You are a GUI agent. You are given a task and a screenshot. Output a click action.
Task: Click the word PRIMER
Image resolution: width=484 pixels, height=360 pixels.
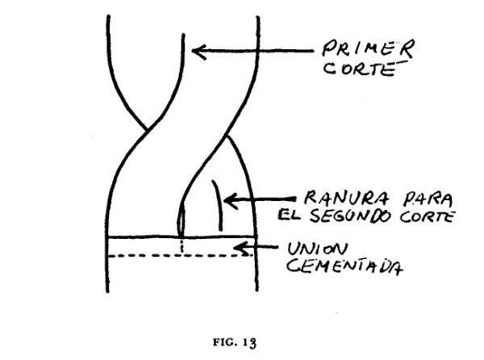[x=368, y=48]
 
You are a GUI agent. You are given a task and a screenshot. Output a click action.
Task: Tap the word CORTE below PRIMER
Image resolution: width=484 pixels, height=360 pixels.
[x=361, y=69]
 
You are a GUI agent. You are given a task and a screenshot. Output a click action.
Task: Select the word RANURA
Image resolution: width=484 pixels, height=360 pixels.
[x=346, y=198]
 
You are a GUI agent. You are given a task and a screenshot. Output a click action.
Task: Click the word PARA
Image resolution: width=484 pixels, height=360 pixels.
[x=428, y=199]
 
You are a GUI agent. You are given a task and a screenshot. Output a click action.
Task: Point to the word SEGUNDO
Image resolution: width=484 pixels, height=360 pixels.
[x=351, y=216]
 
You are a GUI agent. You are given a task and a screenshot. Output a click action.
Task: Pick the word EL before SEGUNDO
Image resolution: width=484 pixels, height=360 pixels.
[x=289, y=214]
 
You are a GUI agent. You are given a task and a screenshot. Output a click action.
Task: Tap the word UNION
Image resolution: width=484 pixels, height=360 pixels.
[x=318, y=249]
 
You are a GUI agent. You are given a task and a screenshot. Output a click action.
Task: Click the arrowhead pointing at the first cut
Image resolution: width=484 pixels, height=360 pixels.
[x=198, y=51]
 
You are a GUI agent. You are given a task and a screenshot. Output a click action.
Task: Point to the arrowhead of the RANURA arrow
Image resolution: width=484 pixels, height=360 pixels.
[x=231, y=201]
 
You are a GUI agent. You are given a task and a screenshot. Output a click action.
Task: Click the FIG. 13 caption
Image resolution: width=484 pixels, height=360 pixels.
[x=234, y=342]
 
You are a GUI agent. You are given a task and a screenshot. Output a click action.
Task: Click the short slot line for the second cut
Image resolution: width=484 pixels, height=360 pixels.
[x=217, y=205]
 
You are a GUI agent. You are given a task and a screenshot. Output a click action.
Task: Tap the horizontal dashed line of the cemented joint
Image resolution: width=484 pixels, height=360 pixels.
[x=180, y=256]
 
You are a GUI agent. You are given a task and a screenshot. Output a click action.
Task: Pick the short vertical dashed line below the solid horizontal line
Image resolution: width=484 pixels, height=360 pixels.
[x=182, y=246]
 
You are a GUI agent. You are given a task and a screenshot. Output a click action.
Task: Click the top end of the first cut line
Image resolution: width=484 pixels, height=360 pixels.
[x=183, y=34]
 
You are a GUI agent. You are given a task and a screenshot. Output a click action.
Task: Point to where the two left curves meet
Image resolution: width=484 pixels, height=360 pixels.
[x=147, y=129]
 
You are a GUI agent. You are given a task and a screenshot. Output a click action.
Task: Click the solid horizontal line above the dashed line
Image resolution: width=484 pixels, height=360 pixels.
[x=181, y=237]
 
